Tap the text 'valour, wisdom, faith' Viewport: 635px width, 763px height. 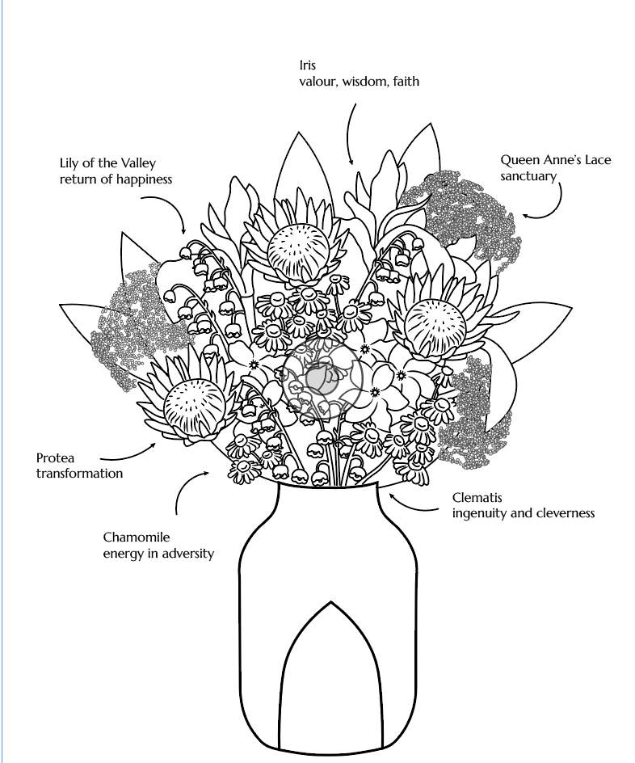(359, 82)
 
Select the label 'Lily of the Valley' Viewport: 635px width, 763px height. (107, 164)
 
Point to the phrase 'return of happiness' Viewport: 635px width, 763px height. (116, 179)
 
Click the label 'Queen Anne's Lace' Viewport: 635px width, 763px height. (556, 160)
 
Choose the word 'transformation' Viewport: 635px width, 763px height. (79, 474)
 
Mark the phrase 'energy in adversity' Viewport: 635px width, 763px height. (158, 554)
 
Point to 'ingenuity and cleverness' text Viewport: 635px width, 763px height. (523, 513)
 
